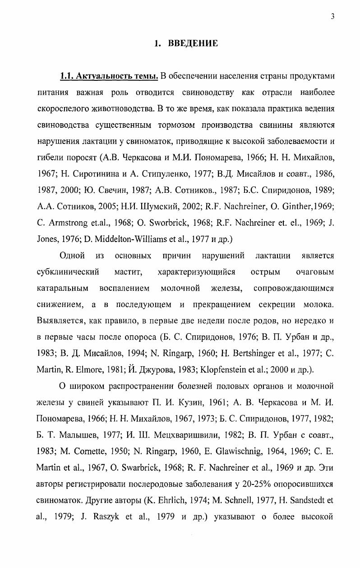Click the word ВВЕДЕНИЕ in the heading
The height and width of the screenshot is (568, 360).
(x=193, y=44)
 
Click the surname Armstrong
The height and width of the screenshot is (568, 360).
(x=64, y=223)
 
